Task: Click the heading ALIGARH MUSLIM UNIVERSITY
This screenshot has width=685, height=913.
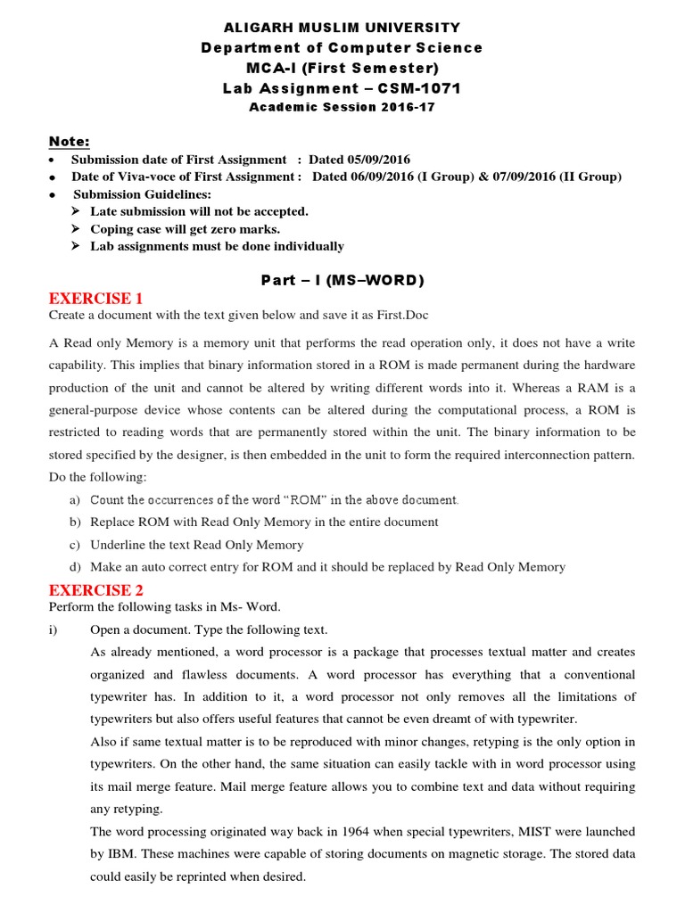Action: (342, 28)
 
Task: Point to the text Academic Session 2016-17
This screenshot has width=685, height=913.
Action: (342, 107)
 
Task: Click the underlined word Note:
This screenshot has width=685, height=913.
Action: (69, 142)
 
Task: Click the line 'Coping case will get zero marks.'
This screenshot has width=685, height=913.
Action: (185, 229)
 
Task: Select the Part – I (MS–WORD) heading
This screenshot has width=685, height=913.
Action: (342, 280)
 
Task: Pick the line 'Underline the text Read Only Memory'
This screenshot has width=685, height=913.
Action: (197, 545)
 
